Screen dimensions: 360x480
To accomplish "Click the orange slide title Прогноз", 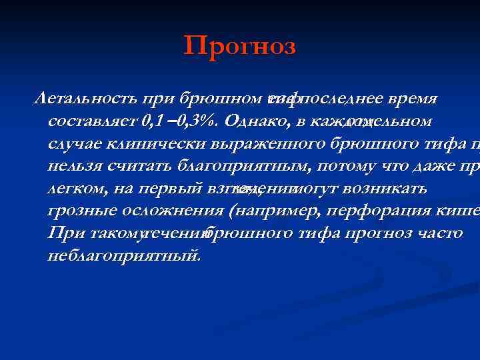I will (x=239, y=47).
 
